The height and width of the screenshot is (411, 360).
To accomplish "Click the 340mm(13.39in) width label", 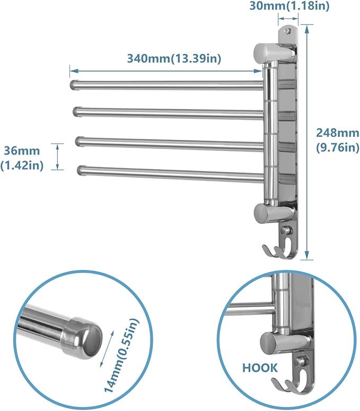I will [174, 58].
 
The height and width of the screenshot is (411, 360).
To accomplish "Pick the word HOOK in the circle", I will [259, 366].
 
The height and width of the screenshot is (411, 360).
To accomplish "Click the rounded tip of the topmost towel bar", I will [73, 84].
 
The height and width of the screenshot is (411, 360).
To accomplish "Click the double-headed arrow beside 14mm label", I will [108, 346].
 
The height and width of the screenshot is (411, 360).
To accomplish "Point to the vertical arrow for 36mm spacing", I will [58, 156].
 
